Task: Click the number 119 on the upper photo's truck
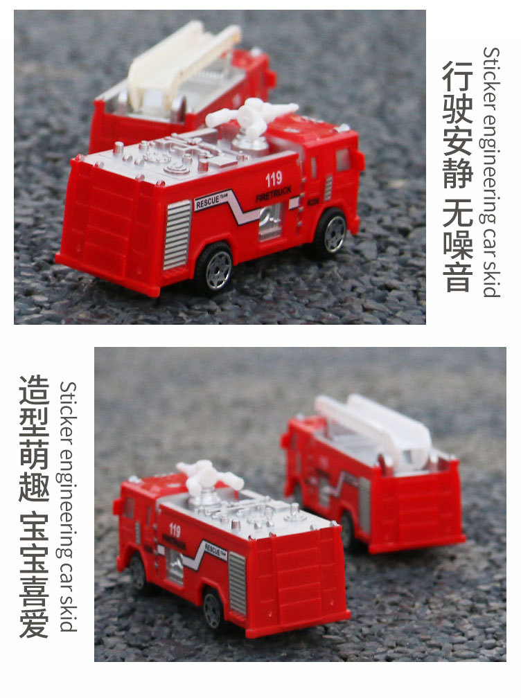(274, 179)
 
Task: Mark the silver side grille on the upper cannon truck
(177, 233)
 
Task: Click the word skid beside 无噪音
(491, 280)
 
